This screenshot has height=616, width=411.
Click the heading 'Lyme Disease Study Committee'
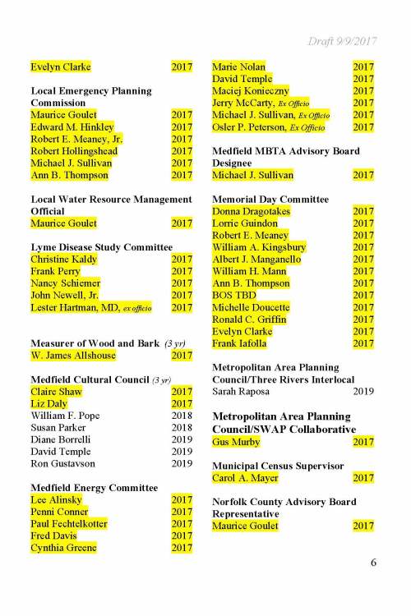pyautogui.click(x=101, y=247)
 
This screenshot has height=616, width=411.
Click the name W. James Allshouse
pyautogui.click(x=73, y=356)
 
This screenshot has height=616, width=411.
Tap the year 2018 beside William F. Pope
pyautogui.click(x=181, y=416)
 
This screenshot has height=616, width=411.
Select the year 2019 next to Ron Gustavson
pyautogui.click(x=181, y=463)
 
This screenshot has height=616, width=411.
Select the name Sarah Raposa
pyautogui.click(x=245, y=392)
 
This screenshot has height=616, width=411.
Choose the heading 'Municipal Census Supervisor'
pyautogui.click(x=278, y=466)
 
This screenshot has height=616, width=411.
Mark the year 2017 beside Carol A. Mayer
pyautogui.click(x=363, y=478)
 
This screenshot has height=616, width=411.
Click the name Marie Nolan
pyautogui.click(x=239, y=67)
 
